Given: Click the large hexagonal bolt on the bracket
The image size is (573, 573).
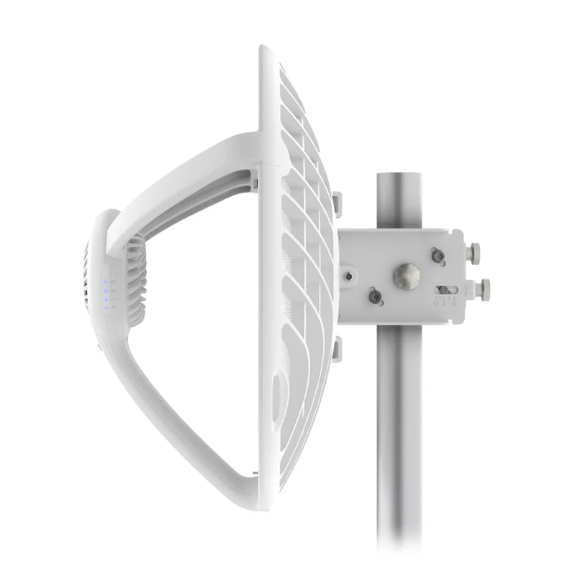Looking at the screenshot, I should [x=407, y=276].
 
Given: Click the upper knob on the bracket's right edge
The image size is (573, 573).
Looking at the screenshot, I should [x=473, y=251].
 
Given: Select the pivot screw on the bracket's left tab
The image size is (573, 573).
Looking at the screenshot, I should [x=348, y=275].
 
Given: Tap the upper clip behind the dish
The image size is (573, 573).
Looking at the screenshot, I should [x=337, y=204].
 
